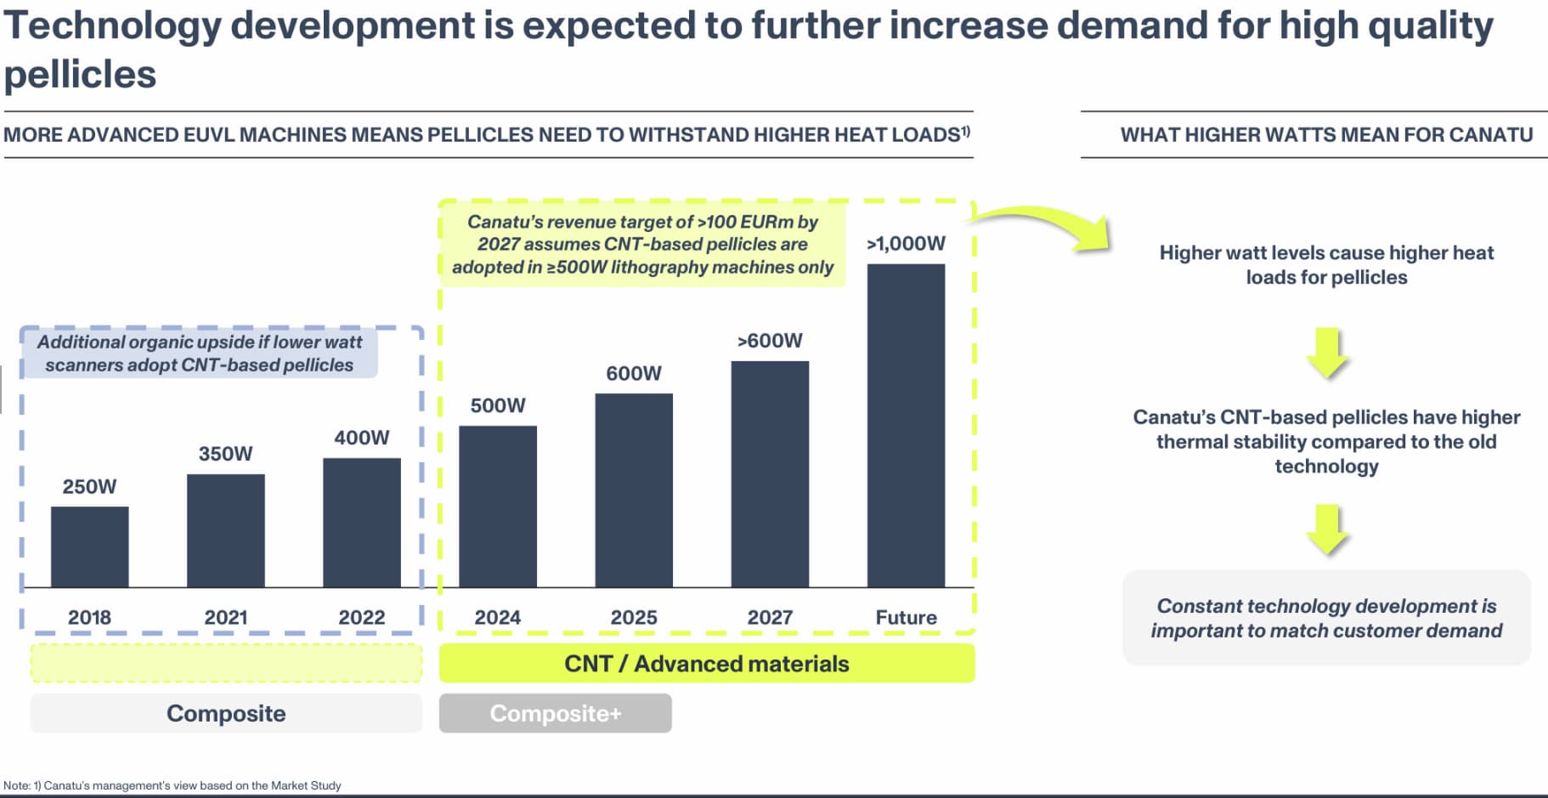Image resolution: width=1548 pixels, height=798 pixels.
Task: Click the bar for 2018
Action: point(89,546)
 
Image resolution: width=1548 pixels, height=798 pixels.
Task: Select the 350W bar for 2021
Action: point(225,530)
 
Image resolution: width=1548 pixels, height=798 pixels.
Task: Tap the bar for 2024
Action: point(497,507)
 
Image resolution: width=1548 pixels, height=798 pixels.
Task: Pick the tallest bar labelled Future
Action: point(906,425)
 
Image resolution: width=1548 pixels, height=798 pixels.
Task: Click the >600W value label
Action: point(770,341)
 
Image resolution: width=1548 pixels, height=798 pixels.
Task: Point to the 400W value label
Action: point(361,438)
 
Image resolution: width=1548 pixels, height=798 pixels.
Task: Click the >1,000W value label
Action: point(906,244)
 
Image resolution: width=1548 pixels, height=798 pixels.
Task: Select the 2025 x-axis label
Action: point(634,618)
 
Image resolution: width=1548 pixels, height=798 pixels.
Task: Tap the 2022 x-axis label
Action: point(361,618)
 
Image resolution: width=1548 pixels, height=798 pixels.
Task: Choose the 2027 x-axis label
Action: point(770,618)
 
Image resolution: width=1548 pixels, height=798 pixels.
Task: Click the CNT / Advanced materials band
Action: point(706,664)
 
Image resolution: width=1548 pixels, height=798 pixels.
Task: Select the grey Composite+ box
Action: point(555,713)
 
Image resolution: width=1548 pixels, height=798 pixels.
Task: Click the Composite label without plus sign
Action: point(226,713)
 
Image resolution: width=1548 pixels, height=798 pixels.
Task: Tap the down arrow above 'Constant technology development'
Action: point(1327,529)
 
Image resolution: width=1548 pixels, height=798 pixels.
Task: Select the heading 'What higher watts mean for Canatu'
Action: point(1326,134)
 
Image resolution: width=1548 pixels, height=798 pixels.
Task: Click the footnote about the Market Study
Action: point(172,785)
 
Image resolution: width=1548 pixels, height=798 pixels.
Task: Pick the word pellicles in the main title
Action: point(80,75)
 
